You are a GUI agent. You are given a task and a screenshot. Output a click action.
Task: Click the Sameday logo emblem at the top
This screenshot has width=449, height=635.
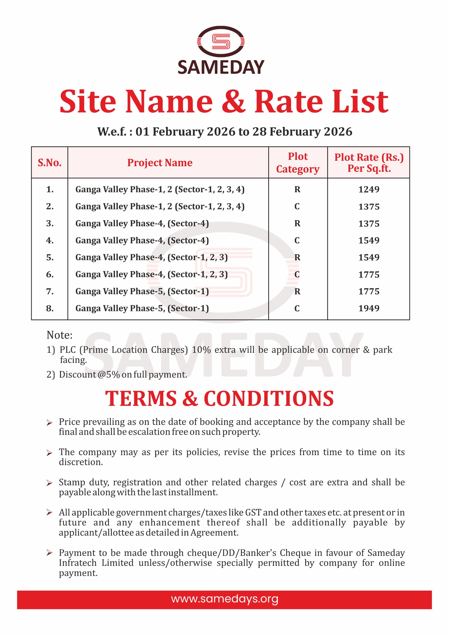[x=221, y=41]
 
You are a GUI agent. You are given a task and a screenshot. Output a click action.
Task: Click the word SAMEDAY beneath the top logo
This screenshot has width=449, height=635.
[x=221, y=67]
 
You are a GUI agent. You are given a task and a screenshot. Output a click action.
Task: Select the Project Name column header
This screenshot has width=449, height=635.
[x=160, y=163]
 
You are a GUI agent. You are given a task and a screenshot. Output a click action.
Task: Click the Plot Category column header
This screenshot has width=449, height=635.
[x=298, y=163]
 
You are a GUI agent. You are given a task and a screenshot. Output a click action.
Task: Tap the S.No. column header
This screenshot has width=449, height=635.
[x=50, y=163]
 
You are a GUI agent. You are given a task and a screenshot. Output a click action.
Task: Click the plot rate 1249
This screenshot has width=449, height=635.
[x=369, y=190]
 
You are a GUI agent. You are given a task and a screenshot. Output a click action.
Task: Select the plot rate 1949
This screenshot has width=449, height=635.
[x=369, y=308]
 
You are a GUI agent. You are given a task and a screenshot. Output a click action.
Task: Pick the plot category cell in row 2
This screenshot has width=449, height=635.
[x=297, y=206]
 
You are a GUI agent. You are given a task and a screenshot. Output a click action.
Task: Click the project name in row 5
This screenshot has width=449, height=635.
[x=151, y=257]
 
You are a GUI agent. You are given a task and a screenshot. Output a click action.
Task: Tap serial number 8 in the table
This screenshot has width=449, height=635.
[x=50, y=308]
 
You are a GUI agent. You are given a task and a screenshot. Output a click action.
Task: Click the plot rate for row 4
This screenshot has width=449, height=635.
[x=369, y=240]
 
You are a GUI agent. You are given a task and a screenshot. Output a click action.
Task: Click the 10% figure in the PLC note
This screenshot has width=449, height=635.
[x=201, y=350]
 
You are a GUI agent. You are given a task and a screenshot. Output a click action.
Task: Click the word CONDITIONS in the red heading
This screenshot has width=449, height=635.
[x=269, y=399]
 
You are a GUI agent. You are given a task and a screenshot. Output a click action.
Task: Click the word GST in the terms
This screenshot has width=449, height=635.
[x=253, y=512]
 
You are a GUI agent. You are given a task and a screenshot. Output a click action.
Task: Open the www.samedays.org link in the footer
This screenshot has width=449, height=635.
[x=225, y=599]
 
